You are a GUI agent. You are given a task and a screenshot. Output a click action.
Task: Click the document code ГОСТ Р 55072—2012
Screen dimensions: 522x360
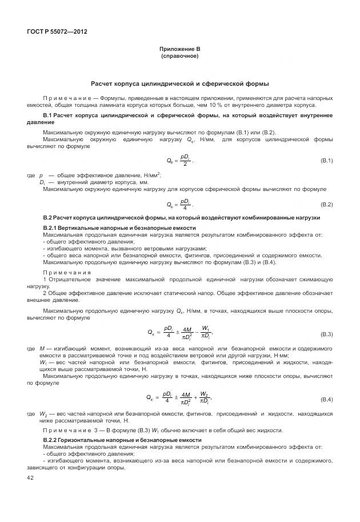(57, 31)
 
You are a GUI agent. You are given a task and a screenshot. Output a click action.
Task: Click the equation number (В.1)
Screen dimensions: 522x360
(326, 161)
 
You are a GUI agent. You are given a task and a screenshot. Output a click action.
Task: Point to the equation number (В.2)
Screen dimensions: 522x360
(326, 204)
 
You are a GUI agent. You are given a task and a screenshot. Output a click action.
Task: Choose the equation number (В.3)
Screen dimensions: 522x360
(326, 333)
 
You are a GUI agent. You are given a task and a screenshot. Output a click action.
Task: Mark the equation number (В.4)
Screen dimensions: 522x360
(326, 398)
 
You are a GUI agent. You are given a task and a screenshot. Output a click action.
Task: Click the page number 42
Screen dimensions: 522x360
(30, 477)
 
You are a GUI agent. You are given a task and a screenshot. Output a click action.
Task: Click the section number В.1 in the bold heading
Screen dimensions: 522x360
(47, 115)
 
